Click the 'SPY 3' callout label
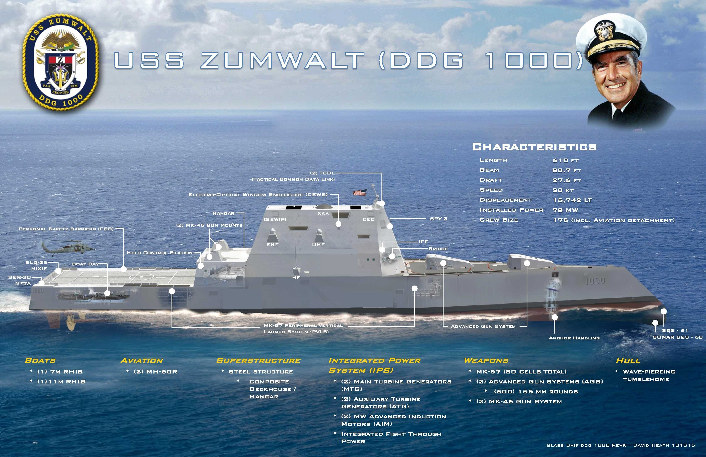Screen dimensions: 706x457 tap(438, 219)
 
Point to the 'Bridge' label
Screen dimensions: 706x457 tap(438, 249)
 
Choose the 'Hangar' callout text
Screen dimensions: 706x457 tap(223, 213)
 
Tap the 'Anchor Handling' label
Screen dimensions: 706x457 tap(574, 338)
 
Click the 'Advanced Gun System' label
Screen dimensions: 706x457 tap(483, 326)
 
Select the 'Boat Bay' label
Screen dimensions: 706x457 tap(85, 264)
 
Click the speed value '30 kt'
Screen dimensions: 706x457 tap(563, 190)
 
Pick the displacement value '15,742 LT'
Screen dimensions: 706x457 tap(572, 200)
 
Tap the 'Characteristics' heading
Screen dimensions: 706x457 tap(534, 147)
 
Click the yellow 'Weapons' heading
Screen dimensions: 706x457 tap(486, 361)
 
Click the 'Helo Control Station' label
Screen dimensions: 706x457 tap(160, 253)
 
